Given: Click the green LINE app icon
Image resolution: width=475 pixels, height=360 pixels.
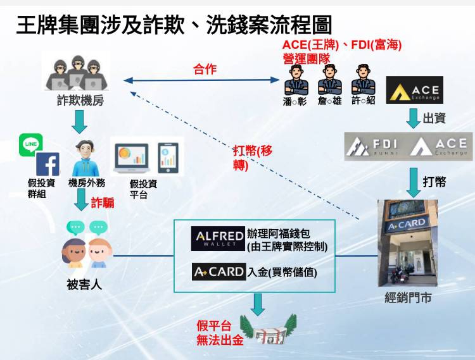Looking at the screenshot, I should (30, 144).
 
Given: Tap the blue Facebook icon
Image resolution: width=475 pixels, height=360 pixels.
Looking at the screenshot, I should (47, 164).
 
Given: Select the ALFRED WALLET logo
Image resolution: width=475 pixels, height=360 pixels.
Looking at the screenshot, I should (218, 238).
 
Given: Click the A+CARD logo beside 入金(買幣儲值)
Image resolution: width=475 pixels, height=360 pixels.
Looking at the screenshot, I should (218, 272).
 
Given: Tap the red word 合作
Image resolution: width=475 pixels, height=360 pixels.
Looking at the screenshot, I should (205, 70).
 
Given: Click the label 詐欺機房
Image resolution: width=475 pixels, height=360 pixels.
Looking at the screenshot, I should (80, 99).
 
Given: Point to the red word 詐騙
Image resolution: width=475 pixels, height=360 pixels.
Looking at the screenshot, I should (103, 202).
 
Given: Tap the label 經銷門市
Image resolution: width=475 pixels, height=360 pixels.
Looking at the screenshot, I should (408, 297).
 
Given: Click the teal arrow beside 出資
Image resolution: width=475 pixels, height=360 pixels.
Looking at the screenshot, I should (414, 118).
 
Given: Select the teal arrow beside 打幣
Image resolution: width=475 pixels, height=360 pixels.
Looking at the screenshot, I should (414, 182).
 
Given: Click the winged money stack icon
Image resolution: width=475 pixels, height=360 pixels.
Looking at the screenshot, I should (270, 329).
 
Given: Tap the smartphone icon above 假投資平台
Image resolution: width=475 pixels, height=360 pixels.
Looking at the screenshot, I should (168, 158).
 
